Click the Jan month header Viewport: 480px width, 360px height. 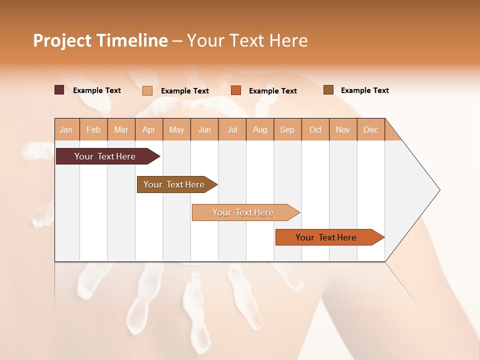click(66, 129)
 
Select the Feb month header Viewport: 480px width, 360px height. click(93, 129)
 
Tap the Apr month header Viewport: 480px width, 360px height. click(149, 129)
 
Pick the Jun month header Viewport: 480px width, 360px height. click(204, 129)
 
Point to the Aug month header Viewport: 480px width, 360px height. click(260, 129)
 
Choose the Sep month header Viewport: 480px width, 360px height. click(287, 129)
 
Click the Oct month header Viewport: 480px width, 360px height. click(315, 129)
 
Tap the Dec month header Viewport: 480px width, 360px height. click(371, 129)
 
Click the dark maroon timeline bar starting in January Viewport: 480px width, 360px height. click(105, 156)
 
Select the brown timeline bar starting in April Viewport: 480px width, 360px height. click(174, 184)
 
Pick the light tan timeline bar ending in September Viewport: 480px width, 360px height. click(243, 212)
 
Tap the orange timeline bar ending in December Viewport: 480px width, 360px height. click(326, 237)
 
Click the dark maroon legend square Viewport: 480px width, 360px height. click(59, 90)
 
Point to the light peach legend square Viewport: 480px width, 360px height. click(147, 90)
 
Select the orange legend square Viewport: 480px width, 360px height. click(236, 90)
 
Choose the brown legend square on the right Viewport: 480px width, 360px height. click(328, 90)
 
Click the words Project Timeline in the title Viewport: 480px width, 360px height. click(100, 40)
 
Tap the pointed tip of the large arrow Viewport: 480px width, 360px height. click(438, 190)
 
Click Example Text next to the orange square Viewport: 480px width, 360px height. click(273, 91)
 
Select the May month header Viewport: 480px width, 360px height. click(176, 129)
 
